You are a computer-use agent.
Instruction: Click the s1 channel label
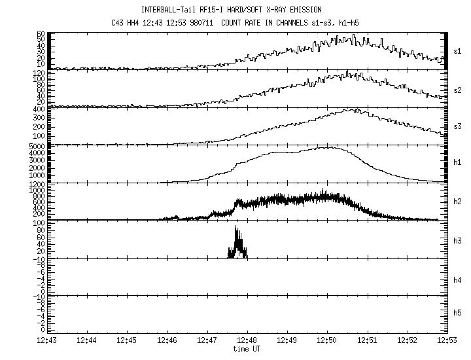(x=458, y=50)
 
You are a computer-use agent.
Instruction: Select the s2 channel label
(x=458, y=88)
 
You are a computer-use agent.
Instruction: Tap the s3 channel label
(x=458, y=125)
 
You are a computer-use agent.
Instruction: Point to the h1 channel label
(x=458, y=163)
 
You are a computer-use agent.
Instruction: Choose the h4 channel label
(x=458, y=279)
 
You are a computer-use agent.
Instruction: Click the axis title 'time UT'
(x=248, y=349)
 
